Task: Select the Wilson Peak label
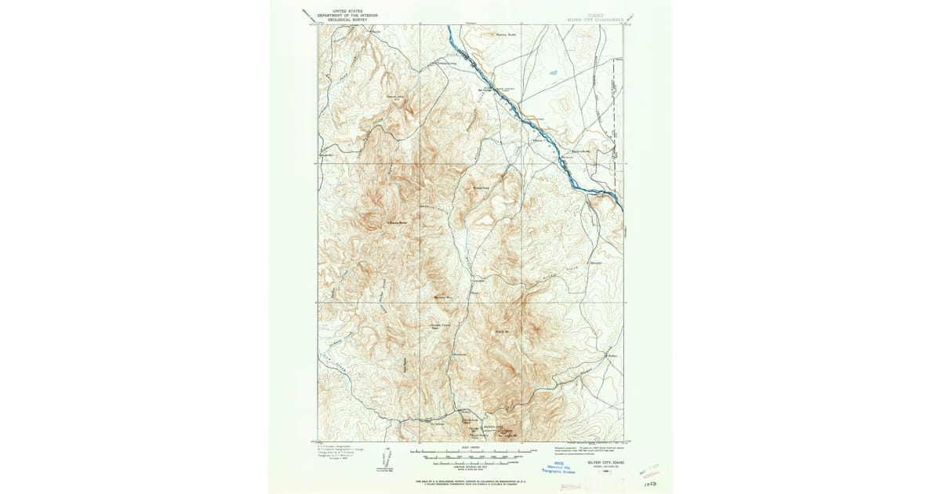[x=481, y=187]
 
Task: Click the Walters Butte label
[x=579, y=151]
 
